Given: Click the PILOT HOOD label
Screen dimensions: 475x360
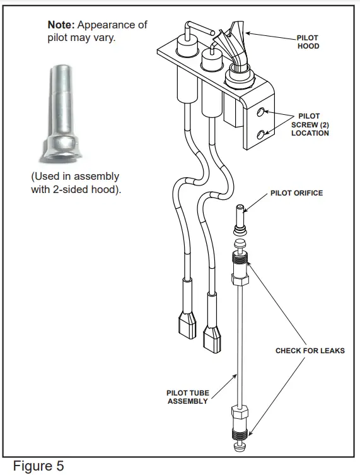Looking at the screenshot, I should (x=308, y=42).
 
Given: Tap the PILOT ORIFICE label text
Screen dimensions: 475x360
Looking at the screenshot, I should (x=296, y=193).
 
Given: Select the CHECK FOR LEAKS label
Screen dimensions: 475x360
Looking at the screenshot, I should (x=310, y=351).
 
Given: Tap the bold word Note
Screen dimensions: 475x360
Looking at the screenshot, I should (x=61, y=25).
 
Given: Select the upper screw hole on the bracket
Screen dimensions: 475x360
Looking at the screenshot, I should (x=262, y=113).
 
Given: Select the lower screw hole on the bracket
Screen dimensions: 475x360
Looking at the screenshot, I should (x=262, y=134).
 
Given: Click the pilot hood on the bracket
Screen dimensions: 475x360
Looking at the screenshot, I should (x=235, y=44).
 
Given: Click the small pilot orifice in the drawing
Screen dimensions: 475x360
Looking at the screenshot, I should (x=240, y=216).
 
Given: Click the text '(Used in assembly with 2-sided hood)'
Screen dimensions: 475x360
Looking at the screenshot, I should (x=75, y=183).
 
